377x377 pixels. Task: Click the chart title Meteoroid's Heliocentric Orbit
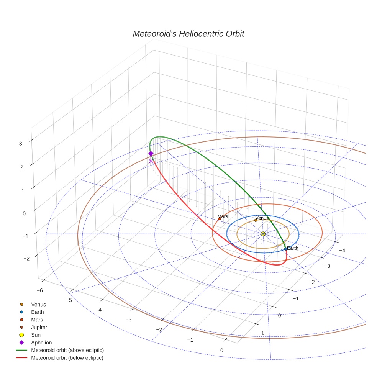[188, 34]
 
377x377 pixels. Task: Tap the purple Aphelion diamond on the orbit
[151, 154]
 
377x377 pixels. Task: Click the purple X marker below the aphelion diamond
[151, 161]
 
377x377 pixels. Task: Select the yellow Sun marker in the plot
[263, 234]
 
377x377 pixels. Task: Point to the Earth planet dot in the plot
[285, 249]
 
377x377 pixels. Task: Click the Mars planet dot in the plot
[220, 219]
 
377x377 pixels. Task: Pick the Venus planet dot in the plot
[256, 220]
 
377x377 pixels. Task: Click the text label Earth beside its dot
[293, 248]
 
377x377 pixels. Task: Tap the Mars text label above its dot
[223, 216]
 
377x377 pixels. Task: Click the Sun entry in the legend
[36, 335]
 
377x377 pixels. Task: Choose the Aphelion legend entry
[41, 343]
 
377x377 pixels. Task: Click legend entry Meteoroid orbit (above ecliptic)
[67, 351]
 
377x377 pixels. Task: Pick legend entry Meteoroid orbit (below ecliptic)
[67, 358]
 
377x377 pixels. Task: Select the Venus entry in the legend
[38, 305]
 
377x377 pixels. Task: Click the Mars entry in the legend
[37, 320]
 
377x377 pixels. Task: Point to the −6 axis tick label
[39, 291]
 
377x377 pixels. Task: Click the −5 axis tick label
[69, 300]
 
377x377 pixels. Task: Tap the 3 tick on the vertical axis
[21, 144]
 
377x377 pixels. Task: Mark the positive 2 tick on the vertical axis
[21, 167]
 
